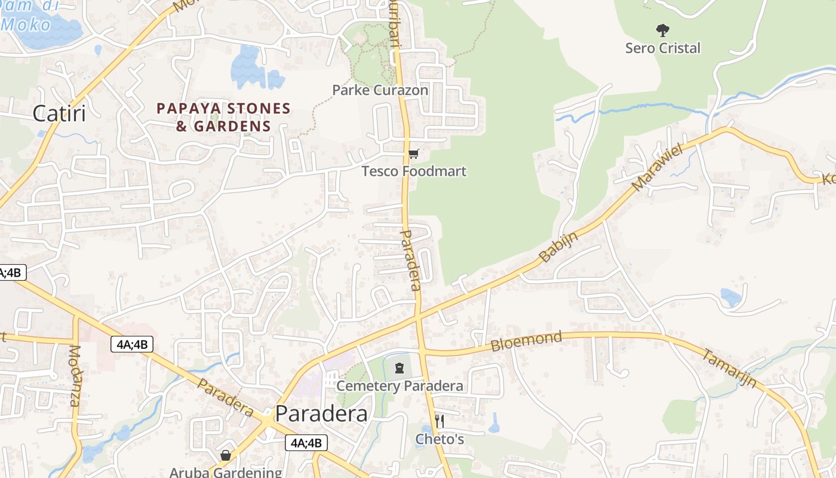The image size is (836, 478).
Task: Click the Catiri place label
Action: click(x=59, y=113)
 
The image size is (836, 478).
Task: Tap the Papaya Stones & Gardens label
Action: click(x=223, y=117)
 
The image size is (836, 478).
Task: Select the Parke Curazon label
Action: click(x=380, y=90)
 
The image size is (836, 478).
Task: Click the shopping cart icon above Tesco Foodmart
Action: click(x=414, y=154)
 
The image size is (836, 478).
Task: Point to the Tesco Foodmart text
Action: click(x=414, y=171)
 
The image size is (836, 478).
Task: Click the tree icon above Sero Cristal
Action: click(x=662, y=30)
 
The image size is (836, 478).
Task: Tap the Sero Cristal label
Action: click(x=662, y=48)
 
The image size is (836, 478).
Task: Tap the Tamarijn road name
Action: click(x=729, y=368)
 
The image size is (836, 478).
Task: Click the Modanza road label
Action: click(x=75, y=376)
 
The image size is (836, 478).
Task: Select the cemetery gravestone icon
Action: click(x=399, y=368)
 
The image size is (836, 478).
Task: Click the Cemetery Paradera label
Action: click(x=399, y=385)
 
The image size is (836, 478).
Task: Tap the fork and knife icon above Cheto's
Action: click(x=439, y=421)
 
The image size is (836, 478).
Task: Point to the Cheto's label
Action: click(x=439, y=439)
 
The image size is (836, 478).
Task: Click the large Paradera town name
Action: click(x=321, y=413)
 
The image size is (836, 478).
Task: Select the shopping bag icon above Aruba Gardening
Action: click(x=226, y=456)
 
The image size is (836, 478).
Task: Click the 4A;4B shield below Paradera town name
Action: click(x=306, y=443)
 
